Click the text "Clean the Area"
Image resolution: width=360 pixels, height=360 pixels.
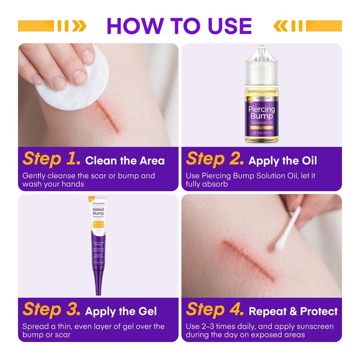[125, 161]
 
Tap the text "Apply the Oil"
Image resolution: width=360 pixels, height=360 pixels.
[283, 161]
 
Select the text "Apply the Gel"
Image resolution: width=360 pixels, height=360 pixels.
[121, 311]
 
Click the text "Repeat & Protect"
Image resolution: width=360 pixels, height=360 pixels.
[293, 311]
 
